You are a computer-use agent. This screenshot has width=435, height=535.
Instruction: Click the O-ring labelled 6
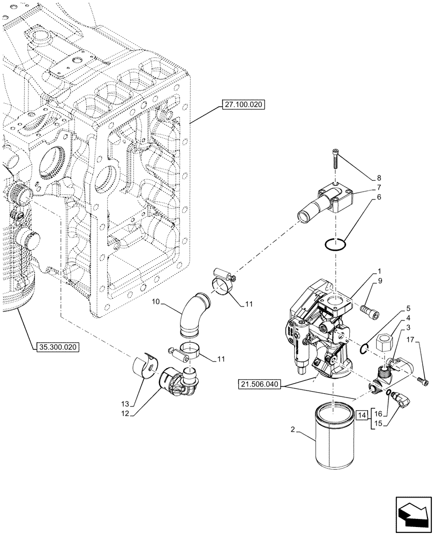click(x=334, y=244)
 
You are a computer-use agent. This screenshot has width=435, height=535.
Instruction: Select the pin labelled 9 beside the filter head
click(x=370, y=310)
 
